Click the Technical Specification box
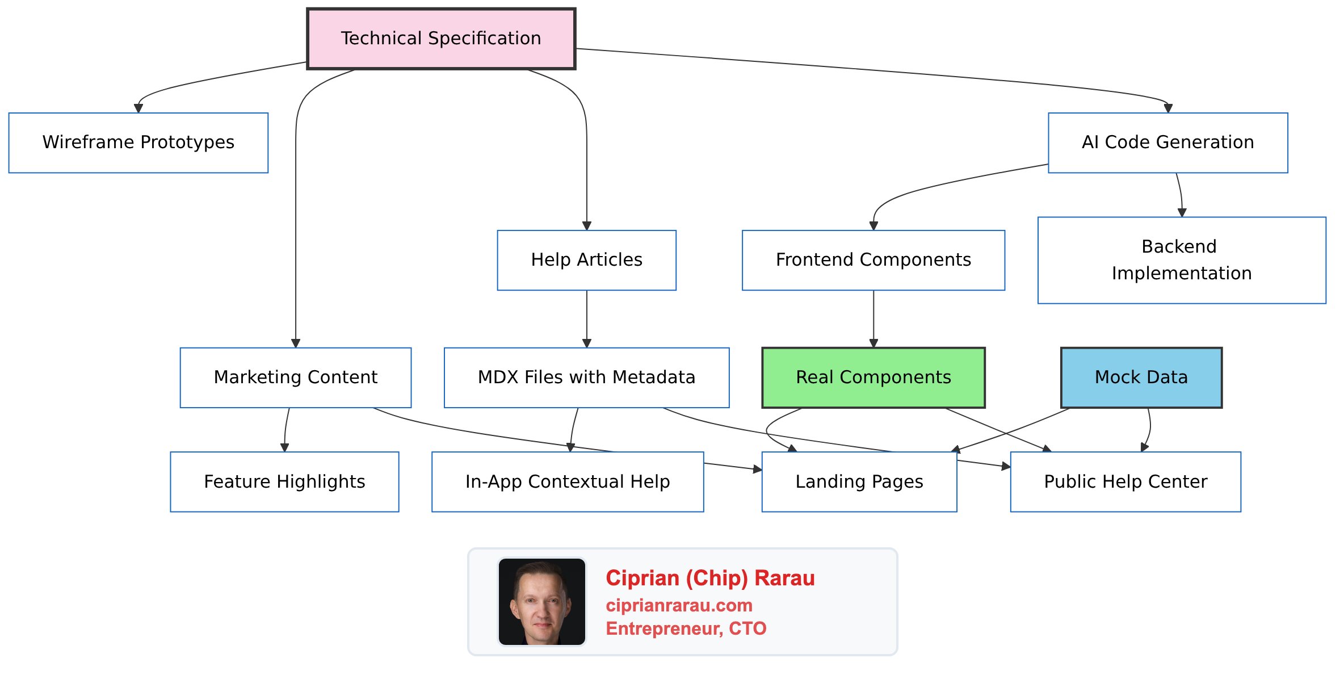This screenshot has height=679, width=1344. pos(441,39)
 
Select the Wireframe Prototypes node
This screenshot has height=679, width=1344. pos(138,142)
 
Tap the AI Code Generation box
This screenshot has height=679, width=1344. pos(1167,142)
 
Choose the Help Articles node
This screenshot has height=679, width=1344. pos(586,260)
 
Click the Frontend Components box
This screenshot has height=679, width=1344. pos(873,260)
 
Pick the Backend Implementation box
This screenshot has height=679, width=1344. pos(1181,260)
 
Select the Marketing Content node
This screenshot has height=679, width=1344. pos(295,378)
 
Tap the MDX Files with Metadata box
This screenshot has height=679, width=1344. pos(586,378)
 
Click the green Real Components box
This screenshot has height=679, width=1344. pos(873,378)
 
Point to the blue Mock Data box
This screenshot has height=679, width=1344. pos(1141,378)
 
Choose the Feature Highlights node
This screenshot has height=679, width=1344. pos(284,481)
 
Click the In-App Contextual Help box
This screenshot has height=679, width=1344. pos(567,481)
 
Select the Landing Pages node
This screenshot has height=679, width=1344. pos(859,481)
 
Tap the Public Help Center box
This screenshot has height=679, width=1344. pos(1125,481)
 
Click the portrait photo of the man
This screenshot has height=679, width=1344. pos(541,601)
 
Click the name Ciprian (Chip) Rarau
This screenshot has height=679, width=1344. pos(710,578)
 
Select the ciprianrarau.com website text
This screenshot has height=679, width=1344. pos(679,605)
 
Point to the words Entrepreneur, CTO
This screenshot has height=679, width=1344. pos(686,628)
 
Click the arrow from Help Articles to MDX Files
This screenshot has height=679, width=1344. pos(587,318)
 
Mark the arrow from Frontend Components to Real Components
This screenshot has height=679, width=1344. pos(873,318)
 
